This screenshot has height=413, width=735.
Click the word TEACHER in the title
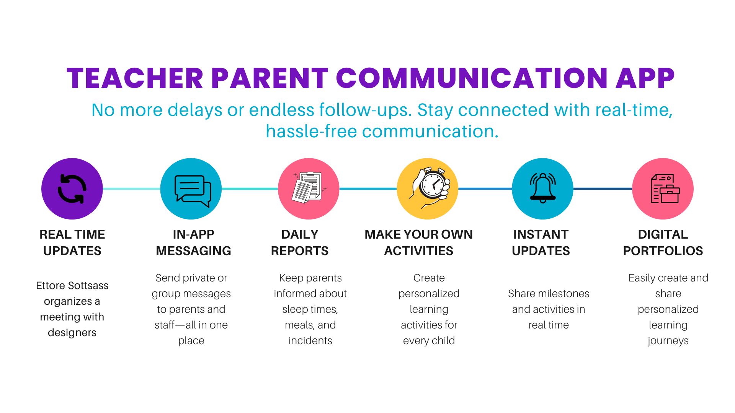pyautogui.click(x=135, y=78)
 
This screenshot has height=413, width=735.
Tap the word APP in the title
pyautogui.click(x=645, y=78)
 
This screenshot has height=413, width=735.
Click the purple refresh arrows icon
pyautogui.click(x=72, y=189)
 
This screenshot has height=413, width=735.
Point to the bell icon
pyautogui.click(x=542, y=188)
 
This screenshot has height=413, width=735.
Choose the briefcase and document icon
pyautogui.click(x=665, y=189)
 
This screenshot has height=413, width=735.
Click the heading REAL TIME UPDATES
pyautogui.click(x=72, y=242)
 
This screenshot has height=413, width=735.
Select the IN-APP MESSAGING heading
pyautogui.click(x=193, y=242)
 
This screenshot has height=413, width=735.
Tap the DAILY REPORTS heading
pyautogui.click(x=300, y=242)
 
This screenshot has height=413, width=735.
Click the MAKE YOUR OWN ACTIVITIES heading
pyautogui.click(x=419, y=242)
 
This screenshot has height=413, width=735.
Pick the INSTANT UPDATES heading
pyautogui.click(x=541, y=242)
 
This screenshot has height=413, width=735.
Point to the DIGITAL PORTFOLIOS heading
pyautogui.click(x=663, y=242)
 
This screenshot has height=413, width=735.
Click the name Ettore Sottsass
pyautogui.click(x=72, y=285)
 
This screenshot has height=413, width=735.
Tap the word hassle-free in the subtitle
pyautogui.click(x=312, y=131)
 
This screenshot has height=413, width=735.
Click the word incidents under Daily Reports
pyautogui.click(x=310, y=340)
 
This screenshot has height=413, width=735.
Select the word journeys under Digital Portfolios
pyautogui.click(x=668, y=341)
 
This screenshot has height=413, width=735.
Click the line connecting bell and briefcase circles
pyautogui.click(x=603, y=189)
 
